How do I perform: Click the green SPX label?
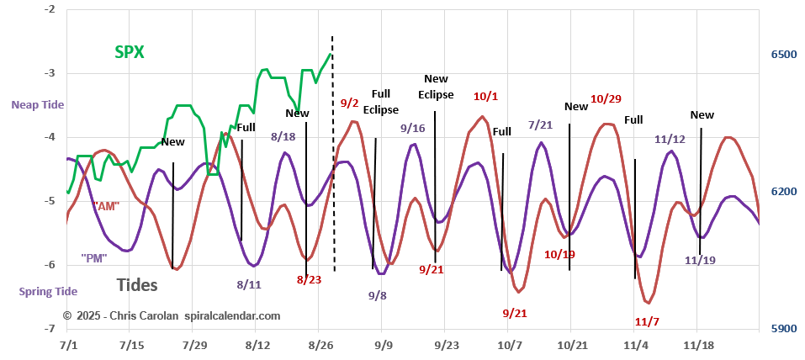coord(130,52)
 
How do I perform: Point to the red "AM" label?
coord(104,205)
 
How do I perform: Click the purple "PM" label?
coord(94,257)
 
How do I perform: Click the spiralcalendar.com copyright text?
coord(171,315)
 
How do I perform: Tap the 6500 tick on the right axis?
coord(783,55)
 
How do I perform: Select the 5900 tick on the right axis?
coord(783,328)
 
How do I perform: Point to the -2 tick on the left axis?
coord(50,9)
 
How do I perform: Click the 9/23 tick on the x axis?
coord(446,345)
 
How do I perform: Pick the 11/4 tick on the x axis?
coord(635,345)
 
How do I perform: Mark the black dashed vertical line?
coord(332,151)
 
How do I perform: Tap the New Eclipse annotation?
coord(436,86)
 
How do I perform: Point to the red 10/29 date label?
coord(606,98)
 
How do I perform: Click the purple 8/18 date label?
coord(283,135)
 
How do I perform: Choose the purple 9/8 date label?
coord(378,295)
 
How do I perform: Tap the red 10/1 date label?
coord(485,96)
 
